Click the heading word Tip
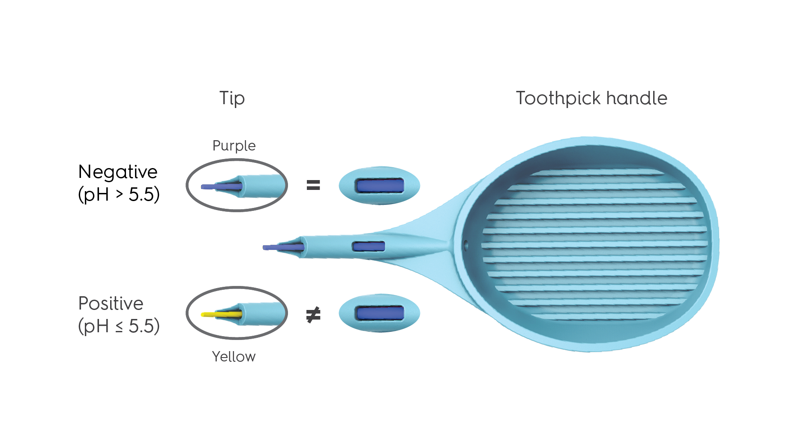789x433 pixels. (x=232, y=98)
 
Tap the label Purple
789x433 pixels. (x=234, y=146)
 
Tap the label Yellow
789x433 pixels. (x=234, y=357)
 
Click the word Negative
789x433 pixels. (x=118, y=172)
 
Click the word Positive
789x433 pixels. (x=111, y=304)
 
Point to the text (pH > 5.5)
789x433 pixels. (x=119, y=195)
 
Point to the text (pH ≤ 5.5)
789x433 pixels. (x=119, y=326)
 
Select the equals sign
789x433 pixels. (x=313, y=185)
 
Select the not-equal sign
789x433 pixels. (x=313, y=315)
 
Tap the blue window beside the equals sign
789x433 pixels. (x=380, y=185)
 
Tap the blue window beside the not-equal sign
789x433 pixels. (x=380, y=313)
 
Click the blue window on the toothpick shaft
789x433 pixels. (x=368, y=246)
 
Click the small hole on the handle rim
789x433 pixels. (x=466, y=246)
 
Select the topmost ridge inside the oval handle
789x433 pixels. (x=596, y=173)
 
